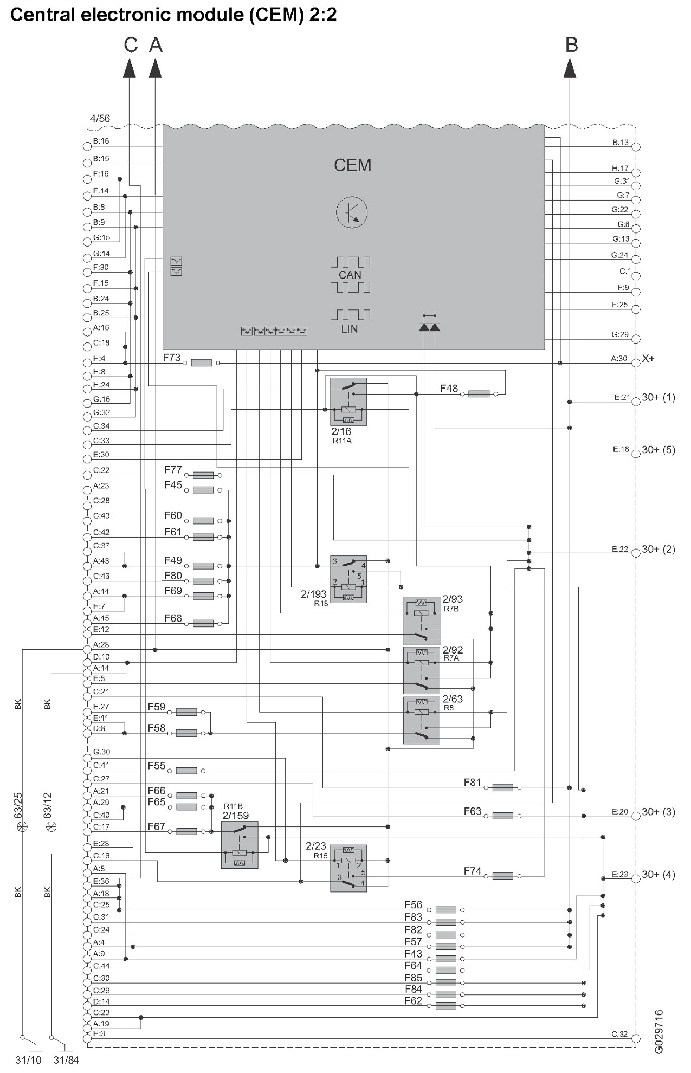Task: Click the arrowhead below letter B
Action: tap(570, 69)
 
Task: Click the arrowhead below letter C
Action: tap(129, 69)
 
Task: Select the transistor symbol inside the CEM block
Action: tap(352, 212)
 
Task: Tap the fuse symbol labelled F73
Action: tap(202, 363)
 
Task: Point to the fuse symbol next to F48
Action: tap(479, 394)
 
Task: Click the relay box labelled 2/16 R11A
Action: tap(348, 402)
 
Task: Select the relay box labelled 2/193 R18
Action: tap(348, 579)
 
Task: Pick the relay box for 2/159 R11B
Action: tap(240, 844)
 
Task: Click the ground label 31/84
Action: tap(66, 1060)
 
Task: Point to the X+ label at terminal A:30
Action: tap(648, 359)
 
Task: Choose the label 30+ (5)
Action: tap(658, 450)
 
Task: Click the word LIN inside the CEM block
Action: tap(350, 329)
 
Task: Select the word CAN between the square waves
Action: tap(350, 275)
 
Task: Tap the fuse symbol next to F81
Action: tap(502, 787)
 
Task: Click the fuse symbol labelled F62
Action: tap(445, 1005)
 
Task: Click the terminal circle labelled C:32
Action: tap(636, 1038)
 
